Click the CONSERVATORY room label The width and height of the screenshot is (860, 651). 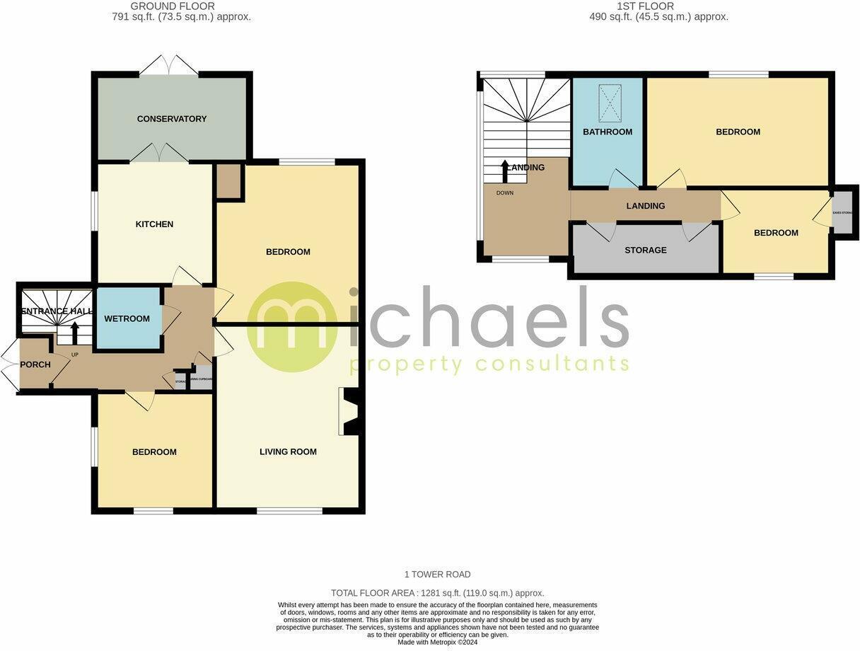coord(172,119)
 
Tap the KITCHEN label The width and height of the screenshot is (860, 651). coord(154,224)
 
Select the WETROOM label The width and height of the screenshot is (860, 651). coord(127,318)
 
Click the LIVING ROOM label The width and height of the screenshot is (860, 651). coord(288,451)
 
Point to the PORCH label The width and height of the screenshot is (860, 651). coord(35,364)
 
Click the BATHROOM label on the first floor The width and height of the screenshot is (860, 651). coord(608,132)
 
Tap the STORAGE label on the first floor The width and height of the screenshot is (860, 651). coord(646,250)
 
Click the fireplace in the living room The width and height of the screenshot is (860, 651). coord(351,411)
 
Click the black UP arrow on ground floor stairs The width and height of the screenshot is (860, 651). coord(75,331)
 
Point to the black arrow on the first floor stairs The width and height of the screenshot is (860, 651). coord(504,171)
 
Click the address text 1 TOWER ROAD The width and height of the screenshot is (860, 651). coord(437,575)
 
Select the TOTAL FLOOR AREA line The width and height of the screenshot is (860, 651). coord(437,593)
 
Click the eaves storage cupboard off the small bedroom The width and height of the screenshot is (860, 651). coord(842,212)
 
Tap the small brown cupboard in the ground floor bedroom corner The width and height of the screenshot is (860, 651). coord(229,181)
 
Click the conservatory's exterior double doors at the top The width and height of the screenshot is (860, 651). coord(168,66)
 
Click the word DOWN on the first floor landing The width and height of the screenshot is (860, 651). coord(505,193)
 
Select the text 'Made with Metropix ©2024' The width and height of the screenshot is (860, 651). coord(437,643)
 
